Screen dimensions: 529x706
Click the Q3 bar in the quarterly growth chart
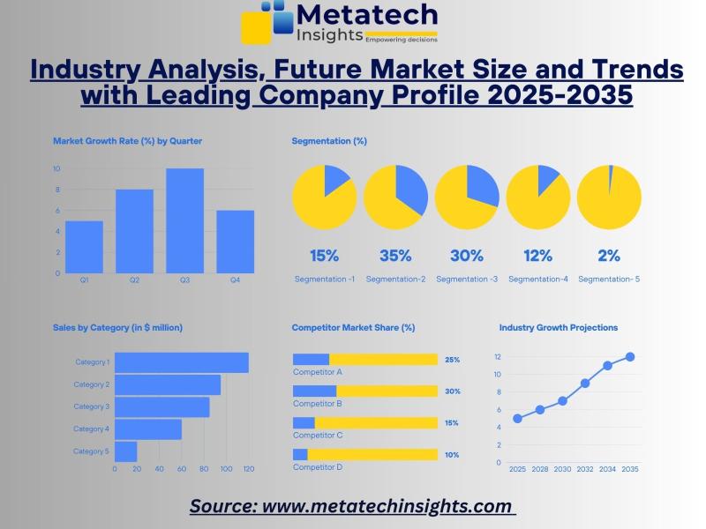click(184, 220)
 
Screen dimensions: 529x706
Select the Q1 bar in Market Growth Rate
click(84, 247)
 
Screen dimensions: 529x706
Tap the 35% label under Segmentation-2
click(395, 256)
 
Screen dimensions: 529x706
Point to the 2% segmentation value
click(609, 256)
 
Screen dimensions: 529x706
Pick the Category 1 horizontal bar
click(181, 362)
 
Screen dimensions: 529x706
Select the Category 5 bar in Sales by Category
click(125, 451)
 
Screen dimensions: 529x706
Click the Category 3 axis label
click(91, 406)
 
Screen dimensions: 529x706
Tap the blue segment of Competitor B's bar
click(314, 391)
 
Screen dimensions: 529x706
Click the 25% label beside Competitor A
click(452, 360)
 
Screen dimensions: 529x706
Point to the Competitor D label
click(318, 467)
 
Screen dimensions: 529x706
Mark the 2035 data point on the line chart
click(630, 357)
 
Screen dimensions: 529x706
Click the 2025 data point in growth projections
click(517, 419)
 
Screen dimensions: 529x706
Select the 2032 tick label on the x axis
click(585, 469)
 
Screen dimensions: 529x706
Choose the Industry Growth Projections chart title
click(559, 327)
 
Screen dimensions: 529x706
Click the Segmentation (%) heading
click(329, 140)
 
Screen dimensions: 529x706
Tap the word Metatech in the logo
click(366, 14)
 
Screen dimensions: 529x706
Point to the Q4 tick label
click(235, 280)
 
